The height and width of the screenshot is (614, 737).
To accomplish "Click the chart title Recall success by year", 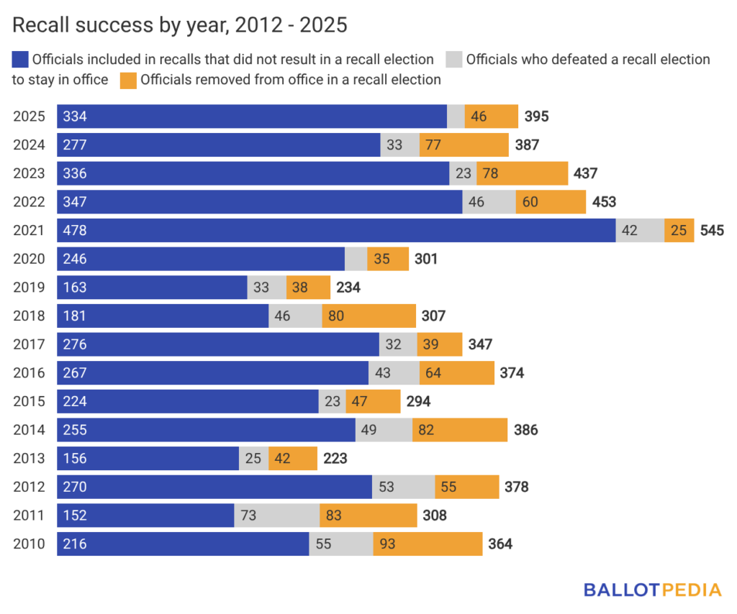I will tap(180, 25).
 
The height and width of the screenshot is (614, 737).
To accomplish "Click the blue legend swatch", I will tap(20, 60).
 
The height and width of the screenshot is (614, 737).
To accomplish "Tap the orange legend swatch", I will tap(128, 80).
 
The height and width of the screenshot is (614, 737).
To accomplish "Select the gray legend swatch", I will tap(454, 60).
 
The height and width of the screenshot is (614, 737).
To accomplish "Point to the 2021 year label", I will tap(29, 230).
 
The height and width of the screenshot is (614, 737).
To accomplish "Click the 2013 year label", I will tap(29, 458).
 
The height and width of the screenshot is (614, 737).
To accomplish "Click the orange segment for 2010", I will tap(428, 544).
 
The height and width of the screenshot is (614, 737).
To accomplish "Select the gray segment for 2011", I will tap(277, 516).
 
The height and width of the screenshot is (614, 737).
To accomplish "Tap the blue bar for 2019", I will tap(152, 287).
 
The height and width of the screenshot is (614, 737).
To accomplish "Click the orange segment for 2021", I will tap(679, 230).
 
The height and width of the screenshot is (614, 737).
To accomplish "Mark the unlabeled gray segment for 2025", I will tap(456, 116).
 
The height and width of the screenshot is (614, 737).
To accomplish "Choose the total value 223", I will tap(336, 458).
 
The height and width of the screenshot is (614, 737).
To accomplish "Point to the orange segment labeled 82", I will tap(460, 430).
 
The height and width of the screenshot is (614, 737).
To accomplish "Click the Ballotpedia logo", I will tap(652, 590).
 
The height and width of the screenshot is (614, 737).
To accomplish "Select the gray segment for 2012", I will tap(403, 487).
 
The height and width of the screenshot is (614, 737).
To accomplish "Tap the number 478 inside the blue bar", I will tap(75, 230).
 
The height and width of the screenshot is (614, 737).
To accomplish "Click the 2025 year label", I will tap(29, 116).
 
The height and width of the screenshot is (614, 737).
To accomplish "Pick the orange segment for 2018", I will tap(368, 316).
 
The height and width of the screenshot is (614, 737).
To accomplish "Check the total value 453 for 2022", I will tap(603, 202).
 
